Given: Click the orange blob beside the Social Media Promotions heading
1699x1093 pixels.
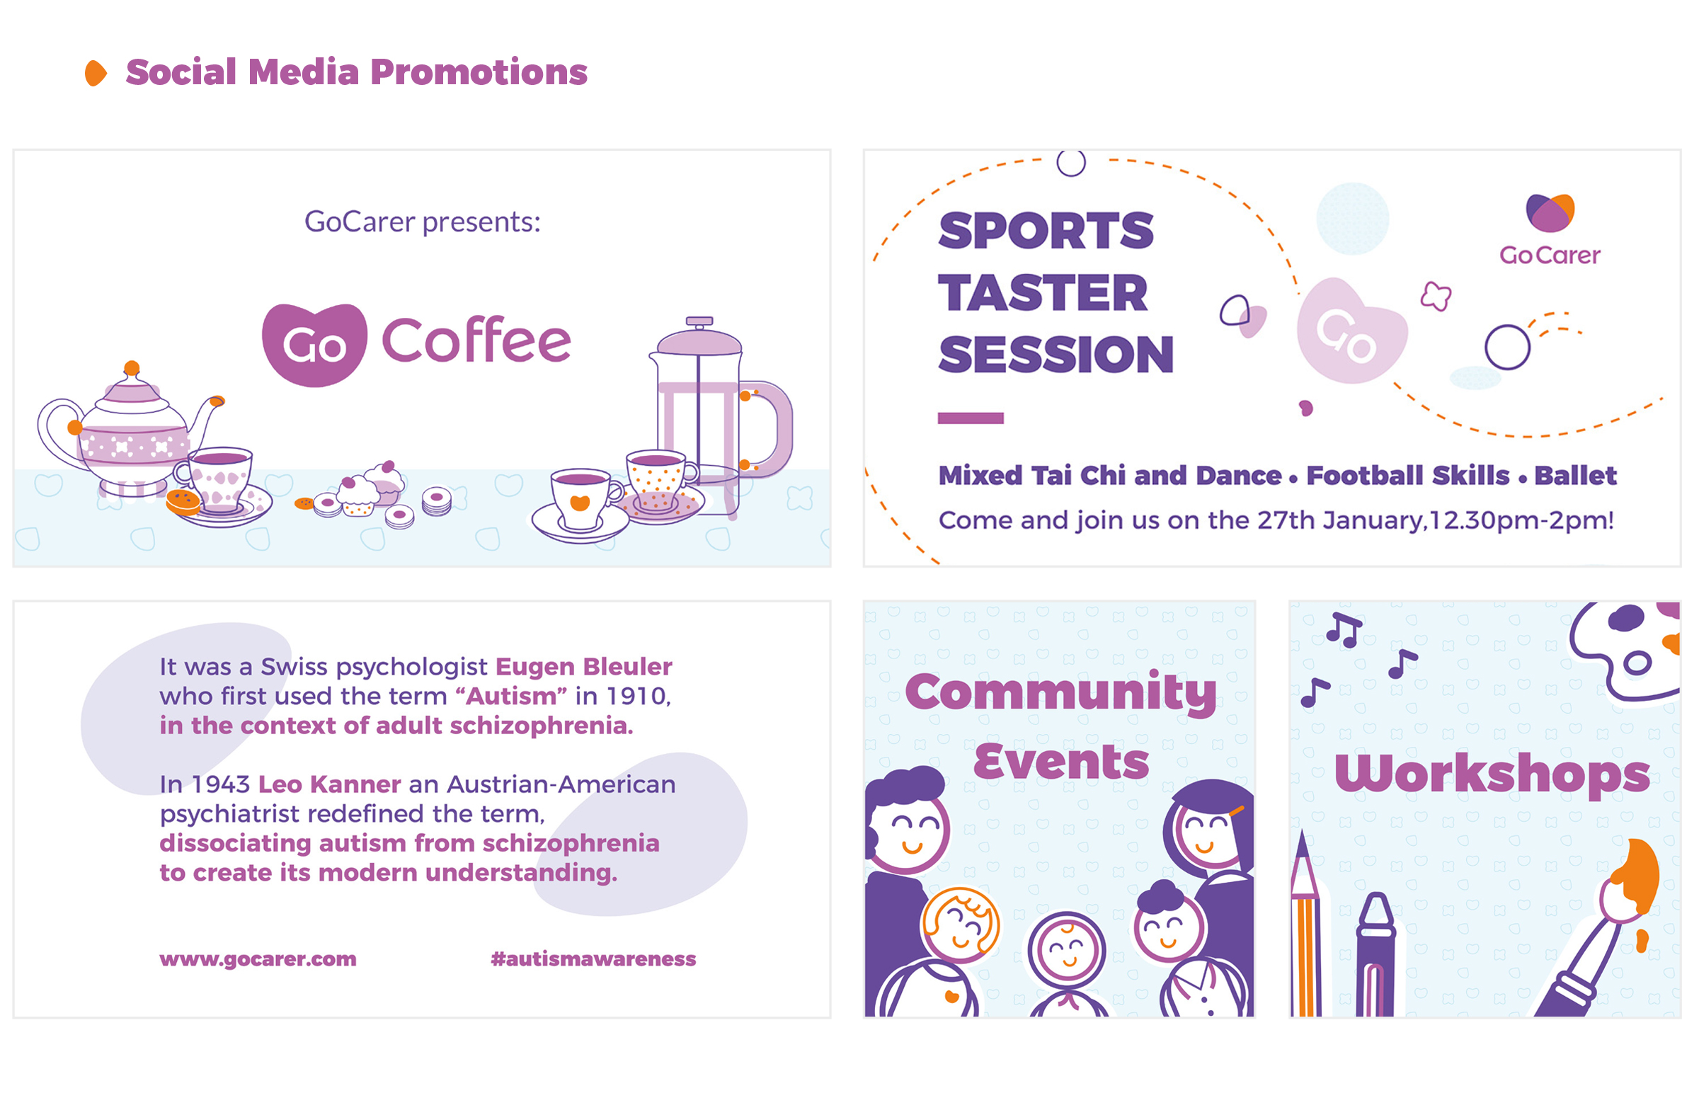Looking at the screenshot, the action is click(x=96, y=73).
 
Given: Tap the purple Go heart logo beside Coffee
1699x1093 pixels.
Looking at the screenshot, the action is click(x=314, y=345).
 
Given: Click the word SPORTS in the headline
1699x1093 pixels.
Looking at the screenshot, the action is click(x=1046, y=231).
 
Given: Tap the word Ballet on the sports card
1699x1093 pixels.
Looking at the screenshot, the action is click(x=1575, y=476).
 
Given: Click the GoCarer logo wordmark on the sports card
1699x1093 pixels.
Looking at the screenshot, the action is click(x=1549, y=256).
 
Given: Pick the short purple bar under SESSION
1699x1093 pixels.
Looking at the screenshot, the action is click(x=970, y=418).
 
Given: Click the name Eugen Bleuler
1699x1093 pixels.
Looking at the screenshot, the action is click(x=583, y=666).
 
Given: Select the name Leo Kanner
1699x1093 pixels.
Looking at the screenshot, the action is click(x=329, y=784).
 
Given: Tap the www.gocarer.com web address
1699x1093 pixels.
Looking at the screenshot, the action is click(x=258, y=960).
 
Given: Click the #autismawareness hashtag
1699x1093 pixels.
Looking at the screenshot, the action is click(x=593, y=960).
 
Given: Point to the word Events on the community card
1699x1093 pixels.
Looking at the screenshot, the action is click(x=1060, y=762).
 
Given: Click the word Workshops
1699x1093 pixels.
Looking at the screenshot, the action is click(x=1492, y=774).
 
